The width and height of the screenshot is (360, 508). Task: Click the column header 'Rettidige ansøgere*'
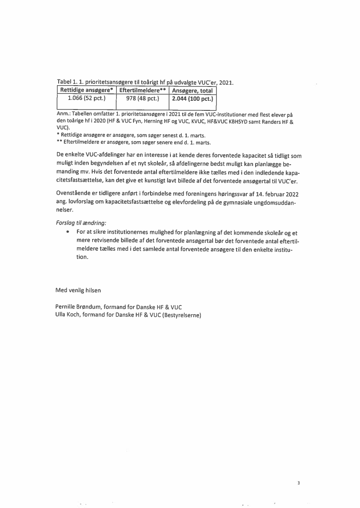click(87, 91)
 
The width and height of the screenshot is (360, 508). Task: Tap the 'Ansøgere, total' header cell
click(192, 91)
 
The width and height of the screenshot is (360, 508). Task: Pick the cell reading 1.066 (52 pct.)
click(87, 99)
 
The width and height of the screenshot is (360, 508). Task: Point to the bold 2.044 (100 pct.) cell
click(192, 99)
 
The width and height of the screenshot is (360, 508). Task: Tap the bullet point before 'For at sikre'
click(68, 232)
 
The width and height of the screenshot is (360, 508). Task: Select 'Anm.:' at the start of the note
click(63, 115)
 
